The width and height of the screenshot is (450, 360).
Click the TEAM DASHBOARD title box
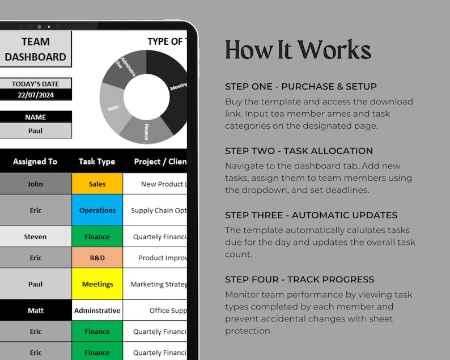click(35, 49)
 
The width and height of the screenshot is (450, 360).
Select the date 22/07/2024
click(35, 95)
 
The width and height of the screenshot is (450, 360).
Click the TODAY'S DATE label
click(35, 84)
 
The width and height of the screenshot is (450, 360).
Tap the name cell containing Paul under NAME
click(35, 130)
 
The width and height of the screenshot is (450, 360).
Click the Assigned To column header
click(35, 162)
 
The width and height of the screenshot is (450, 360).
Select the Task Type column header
click(97, 162)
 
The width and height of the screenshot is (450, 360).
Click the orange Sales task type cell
click(97, 184)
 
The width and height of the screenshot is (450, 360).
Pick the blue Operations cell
click(97, 210)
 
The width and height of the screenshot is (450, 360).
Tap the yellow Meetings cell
click(97, 284)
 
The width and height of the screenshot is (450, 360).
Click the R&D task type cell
click(97, 257)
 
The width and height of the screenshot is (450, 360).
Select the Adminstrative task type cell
click(97, 311)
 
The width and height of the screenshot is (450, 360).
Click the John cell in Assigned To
click(35, 184)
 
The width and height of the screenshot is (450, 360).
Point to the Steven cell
click(35, 237)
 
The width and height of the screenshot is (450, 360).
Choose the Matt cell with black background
click(35, 311)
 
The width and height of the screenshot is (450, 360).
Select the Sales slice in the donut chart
click(113, 105)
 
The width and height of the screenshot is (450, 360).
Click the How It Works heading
click(298, 50)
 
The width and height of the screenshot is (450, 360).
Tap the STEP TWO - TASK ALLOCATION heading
click(299, 151)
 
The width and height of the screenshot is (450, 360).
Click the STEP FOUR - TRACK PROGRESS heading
click(299, 279)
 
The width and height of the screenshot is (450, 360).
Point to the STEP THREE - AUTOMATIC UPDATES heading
click(311, 215)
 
